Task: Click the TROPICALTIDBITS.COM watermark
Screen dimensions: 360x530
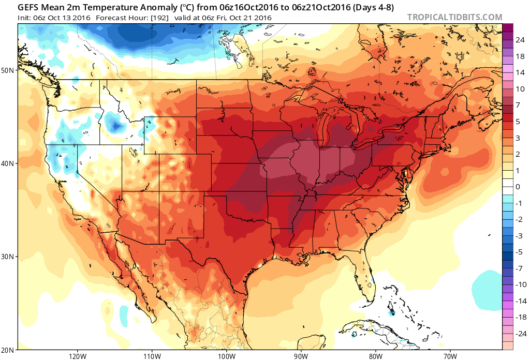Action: click(454, 17)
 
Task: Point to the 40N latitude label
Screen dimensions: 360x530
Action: click(8, 163)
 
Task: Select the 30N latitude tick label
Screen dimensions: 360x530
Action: click(8, 257)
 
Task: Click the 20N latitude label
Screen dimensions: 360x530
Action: click(8, 350)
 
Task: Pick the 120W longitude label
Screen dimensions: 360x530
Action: click(77, 356)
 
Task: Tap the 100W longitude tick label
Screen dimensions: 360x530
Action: click(226, 356)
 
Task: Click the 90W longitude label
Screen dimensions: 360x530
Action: click(301, 356)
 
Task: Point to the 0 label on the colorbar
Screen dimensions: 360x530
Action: click(518, 186)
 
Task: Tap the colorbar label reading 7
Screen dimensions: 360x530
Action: click(518, 105)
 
